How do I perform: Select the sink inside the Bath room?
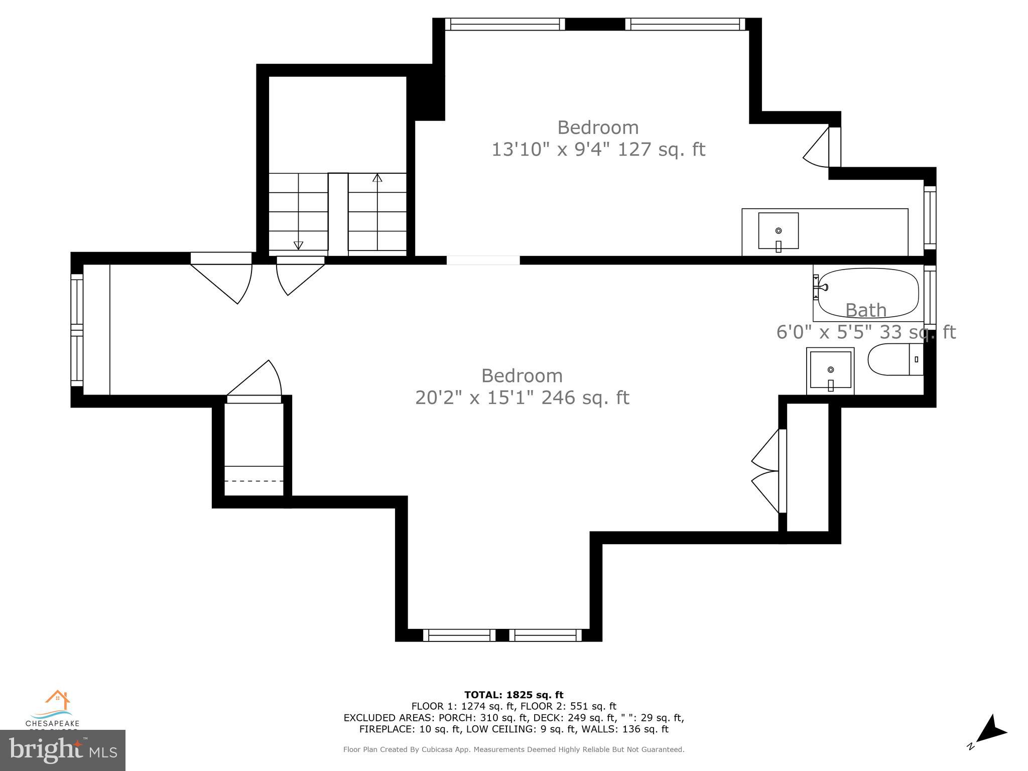click(x=830, y=370)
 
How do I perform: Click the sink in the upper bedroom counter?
click(x=778, y=231)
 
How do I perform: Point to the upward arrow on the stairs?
click(x=377, y=178)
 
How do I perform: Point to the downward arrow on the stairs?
click(x=298, y=245)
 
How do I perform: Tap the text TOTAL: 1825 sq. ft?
click(x=513, y=695)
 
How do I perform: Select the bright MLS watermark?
click(x=62, y=750)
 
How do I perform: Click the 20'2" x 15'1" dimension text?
click(x=522, y=398)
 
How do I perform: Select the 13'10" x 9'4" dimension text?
click(x=598, y=150)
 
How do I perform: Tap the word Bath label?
click(x=865, y=310)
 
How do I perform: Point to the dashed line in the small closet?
click(x=254, y=481)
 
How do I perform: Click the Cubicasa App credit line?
click(x=513, y=749)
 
